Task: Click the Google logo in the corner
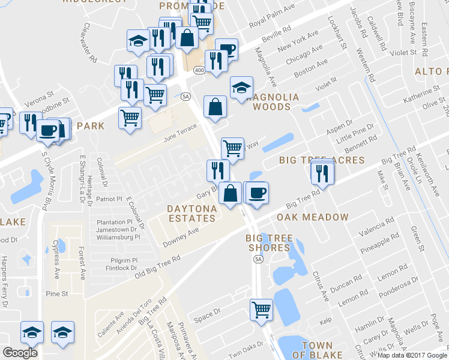20,353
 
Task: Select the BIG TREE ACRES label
322,160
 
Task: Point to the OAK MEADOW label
313,217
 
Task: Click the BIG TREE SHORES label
270,244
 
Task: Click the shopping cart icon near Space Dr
262,310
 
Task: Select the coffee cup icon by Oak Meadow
257,193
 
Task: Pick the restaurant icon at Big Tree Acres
323,173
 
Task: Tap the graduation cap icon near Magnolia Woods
241,87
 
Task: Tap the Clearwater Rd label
90,43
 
